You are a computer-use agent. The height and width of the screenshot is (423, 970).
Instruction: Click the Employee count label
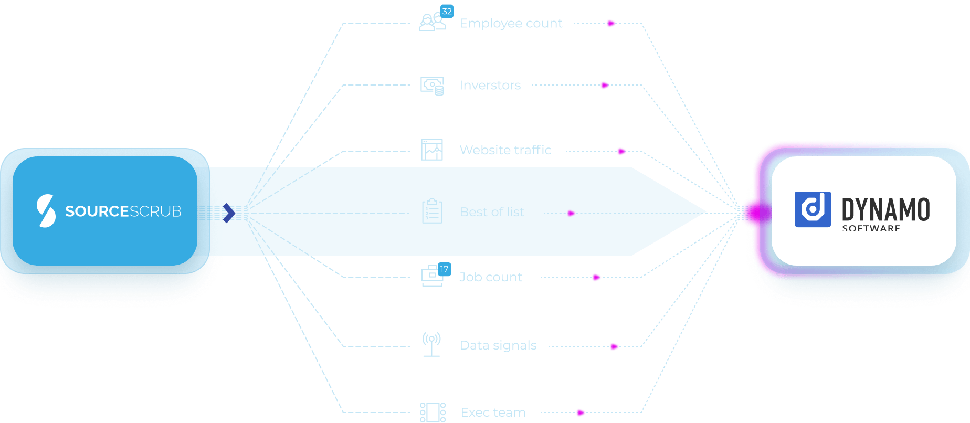(x=511, y=24)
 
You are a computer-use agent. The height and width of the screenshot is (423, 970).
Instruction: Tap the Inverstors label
(x=490, y=85)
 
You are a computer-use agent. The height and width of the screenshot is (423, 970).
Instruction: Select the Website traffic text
(x=505, y=150)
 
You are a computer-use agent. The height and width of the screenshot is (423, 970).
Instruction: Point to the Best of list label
(x=492, y=212)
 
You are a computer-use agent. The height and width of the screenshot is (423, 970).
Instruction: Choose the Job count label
(x=490, y=277)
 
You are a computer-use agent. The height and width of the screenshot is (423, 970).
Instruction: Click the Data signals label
(x=498, y=345)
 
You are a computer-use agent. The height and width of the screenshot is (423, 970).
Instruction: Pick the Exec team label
(x=493, y=413)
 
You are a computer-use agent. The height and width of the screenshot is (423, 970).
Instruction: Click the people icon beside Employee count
(x=431, y=23)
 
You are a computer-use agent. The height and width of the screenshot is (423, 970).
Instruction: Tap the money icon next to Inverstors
(x=432, y=86)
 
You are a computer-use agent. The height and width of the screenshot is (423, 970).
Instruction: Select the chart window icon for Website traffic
(x=432, y=150)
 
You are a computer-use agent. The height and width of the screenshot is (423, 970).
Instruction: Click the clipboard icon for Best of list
(x=432, y=211)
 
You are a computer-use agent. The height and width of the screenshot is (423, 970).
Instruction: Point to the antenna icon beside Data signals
(x=431, y=344)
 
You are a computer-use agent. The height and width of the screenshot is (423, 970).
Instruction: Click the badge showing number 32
(x=447, y=11)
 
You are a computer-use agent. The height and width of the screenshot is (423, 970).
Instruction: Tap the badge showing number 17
(x=444, y=269)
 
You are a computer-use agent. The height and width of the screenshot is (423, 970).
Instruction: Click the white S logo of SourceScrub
(x=46, y=210)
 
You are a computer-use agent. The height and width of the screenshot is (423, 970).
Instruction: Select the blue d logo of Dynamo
(x=813, y=209)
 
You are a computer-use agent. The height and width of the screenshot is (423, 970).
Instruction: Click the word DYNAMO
(x=885, y=209)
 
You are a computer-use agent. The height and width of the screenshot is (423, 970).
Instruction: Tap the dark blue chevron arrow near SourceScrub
(x=229, y=213)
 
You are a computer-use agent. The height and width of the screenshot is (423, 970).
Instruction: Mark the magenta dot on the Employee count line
(x=610, y=23)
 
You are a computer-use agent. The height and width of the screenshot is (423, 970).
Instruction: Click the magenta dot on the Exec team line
(x=580, y=413)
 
